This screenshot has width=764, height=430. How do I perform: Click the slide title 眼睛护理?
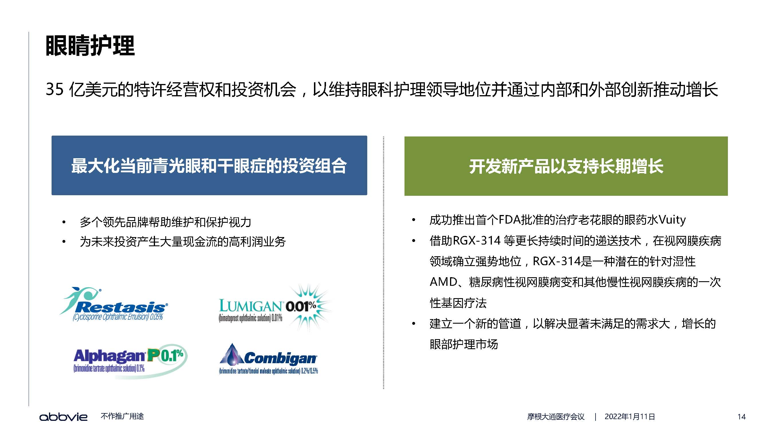[90, 46]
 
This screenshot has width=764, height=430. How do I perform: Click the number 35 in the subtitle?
[54, 89]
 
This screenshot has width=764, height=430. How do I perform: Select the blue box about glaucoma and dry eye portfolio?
[209, 165]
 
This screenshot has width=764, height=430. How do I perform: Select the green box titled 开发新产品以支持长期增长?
[566, 166]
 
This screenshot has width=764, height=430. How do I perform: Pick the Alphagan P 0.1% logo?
[131, 361]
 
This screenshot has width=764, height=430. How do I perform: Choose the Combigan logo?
[268, 359]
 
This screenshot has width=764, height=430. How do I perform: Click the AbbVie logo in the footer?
[64, 417]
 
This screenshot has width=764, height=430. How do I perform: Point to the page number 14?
[741, 417]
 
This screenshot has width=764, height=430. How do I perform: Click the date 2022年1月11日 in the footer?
[630, 417]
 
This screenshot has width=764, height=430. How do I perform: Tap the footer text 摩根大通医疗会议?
[556, 417]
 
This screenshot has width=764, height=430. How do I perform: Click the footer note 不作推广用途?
[122, 416]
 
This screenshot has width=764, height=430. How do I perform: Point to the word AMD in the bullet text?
[443, 282]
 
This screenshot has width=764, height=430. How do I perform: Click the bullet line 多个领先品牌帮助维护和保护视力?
[166, 222]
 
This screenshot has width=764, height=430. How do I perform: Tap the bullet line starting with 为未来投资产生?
[183, 242]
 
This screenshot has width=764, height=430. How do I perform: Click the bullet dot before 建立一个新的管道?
[414, 324]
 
